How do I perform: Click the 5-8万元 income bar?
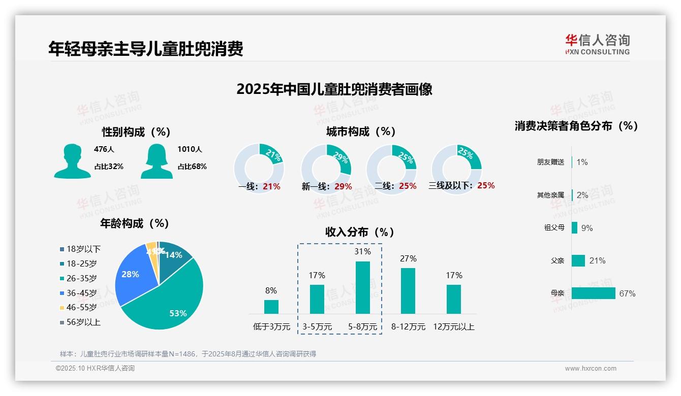(362, 287)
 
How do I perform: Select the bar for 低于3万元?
(271, 307)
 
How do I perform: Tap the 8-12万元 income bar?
(408, 290)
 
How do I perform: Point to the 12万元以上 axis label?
(453, 327)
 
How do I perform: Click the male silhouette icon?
(72, 161)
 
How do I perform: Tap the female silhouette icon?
(157, 161)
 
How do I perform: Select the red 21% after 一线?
(271, 186)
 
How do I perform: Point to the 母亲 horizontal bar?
(593, 293)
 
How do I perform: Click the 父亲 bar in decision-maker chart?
(578, 260)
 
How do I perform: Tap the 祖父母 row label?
(554, 228)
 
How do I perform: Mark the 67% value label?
(627, 293)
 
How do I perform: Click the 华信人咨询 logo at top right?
(597, 44)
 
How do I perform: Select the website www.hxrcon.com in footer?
(590, 369)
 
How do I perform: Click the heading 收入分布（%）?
(360, 232)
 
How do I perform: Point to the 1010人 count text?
(190, 149)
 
